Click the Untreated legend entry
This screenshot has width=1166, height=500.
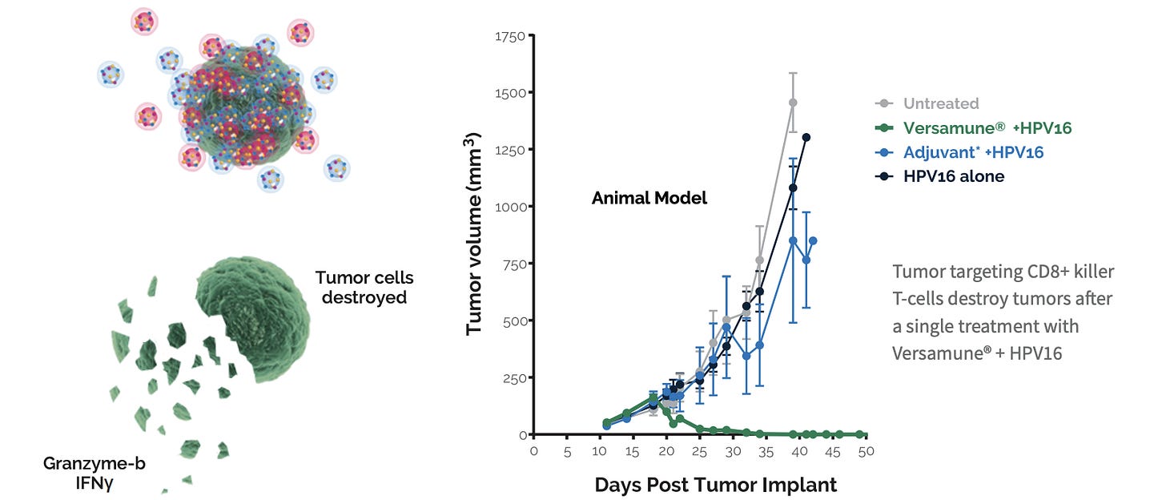point(940,103)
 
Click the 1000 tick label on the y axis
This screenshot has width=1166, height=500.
point(508,207)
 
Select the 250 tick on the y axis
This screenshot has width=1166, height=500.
point(511,377)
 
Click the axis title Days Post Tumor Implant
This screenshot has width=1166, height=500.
point(715,485)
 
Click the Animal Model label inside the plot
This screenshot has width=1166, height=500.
point(649,198)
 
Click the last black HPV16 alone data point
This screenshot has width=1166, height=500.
point(806,137)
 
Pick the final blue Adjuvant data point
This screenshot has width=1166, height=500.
point(813,240)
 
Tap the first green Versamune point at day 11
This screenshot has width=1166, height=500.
point(606,422)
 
